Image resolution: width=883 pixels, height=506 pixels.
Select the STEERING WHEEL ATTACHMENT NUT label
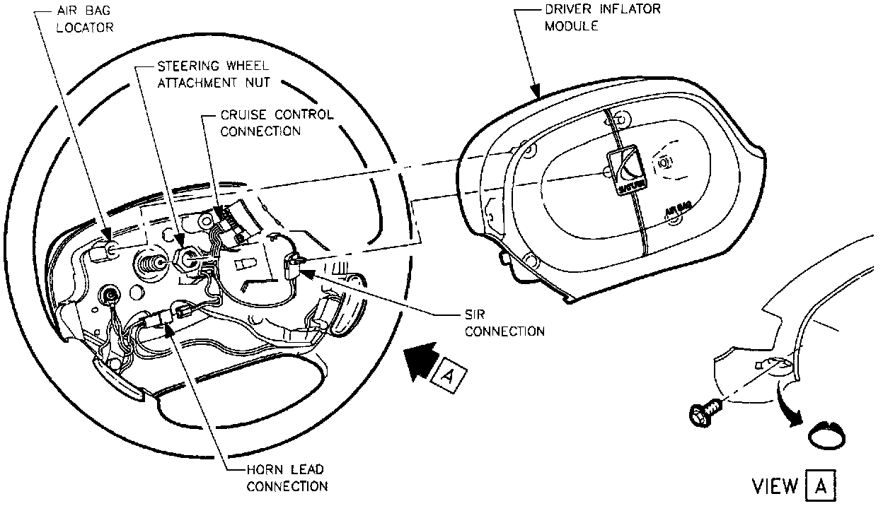point(200,74)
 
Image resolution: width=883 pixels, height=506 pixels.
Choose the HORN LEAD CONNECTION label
point(287,477)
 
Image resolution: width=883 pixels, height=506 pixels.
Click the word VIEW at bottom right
point(775,488)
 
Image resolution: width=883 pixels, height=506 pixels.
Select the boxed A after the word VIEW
point(821,487)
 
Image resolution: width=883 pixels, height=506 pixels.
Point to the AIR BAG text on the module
point(678,210)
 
